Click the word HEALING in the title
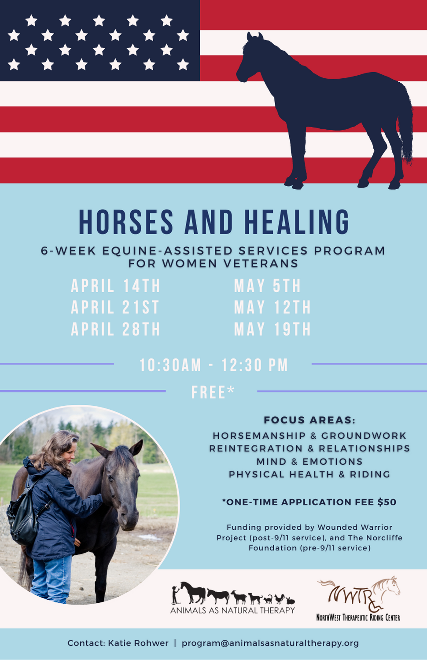(x=297, y=222)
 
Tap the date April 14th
(x=116, y=286)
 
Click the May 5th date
(x=268, y=286)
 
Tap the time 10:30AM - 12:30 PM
(x=213, y=365)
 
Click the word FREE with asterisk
(x=213, y=392)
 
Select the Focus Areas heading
(x=309, y=420)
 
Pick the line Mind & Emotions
(x=309, y=461)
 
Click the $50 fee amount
(x=387, y=502)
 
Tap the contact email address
(x=270, y=642)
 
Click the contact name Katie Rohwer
(x=138, y=642)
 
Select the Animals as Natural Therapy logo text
(x=232, y=610)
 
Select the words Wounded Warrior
(x=355, y=527)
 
